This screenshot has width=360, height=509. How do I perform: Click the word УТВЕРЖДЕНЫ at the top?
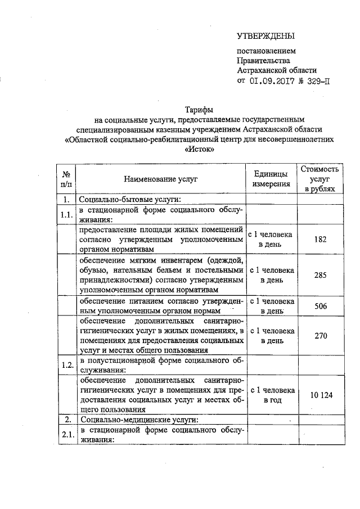[x=265, y=37]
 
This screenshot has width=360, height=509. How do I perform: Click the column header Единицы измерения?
[x=271, y=178]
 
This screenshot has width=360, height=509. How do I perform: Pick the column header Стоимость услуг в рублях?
[x=319, y=178]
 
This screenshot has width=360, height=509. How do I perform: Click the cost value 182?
[x=319, y=239]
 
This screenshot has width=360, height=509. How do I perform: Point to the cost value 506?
[x=319, y=305]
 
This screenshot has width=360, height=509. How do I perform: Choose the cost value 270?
[x=319, y=335]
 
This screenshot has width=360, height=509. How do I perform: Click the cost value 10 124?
[x=319, y=395]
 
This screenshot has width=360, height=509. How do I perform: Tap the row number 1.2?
[x=67, y=364]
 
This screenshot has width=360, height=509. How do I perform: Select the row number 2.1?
[x=67, y=435]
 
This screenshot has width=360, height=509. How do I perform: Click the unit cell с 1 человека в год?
[x=271, y=395]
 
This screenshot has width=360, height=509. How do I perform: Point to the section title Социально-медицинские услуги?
[x=137, y=420]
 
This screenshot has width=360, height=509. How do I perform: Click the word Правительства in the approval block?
[x=263, y=61]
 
